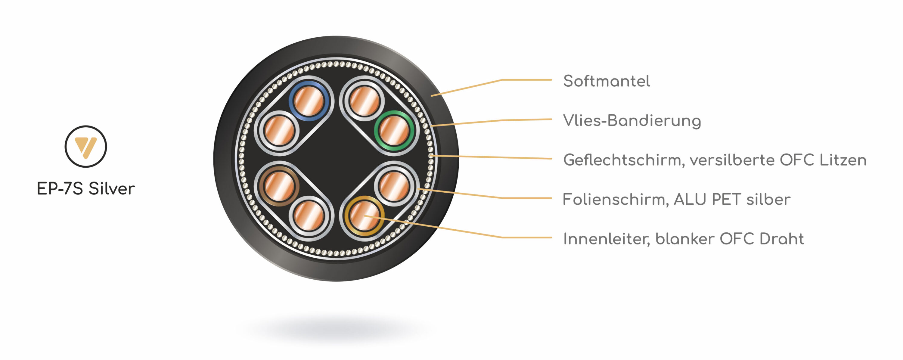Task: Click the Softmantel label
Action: coord(607,81)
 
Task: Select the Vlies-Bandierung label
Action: coord(632,121)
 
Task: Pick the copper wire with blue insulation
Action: coord(309,101)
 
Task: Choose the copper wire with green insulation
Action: coord(394,130)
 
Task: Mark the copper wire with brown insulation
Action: coord(279,186)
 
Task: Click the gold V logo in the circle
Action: coord(85,147)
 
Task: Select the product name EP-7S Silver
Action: coord(86,189)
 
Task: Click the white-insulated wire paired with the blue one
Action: coord(279,130)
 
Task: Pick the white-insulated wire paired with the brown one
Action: coord(309,215)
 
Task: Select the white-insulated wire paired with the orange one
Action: coord(394,186)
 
